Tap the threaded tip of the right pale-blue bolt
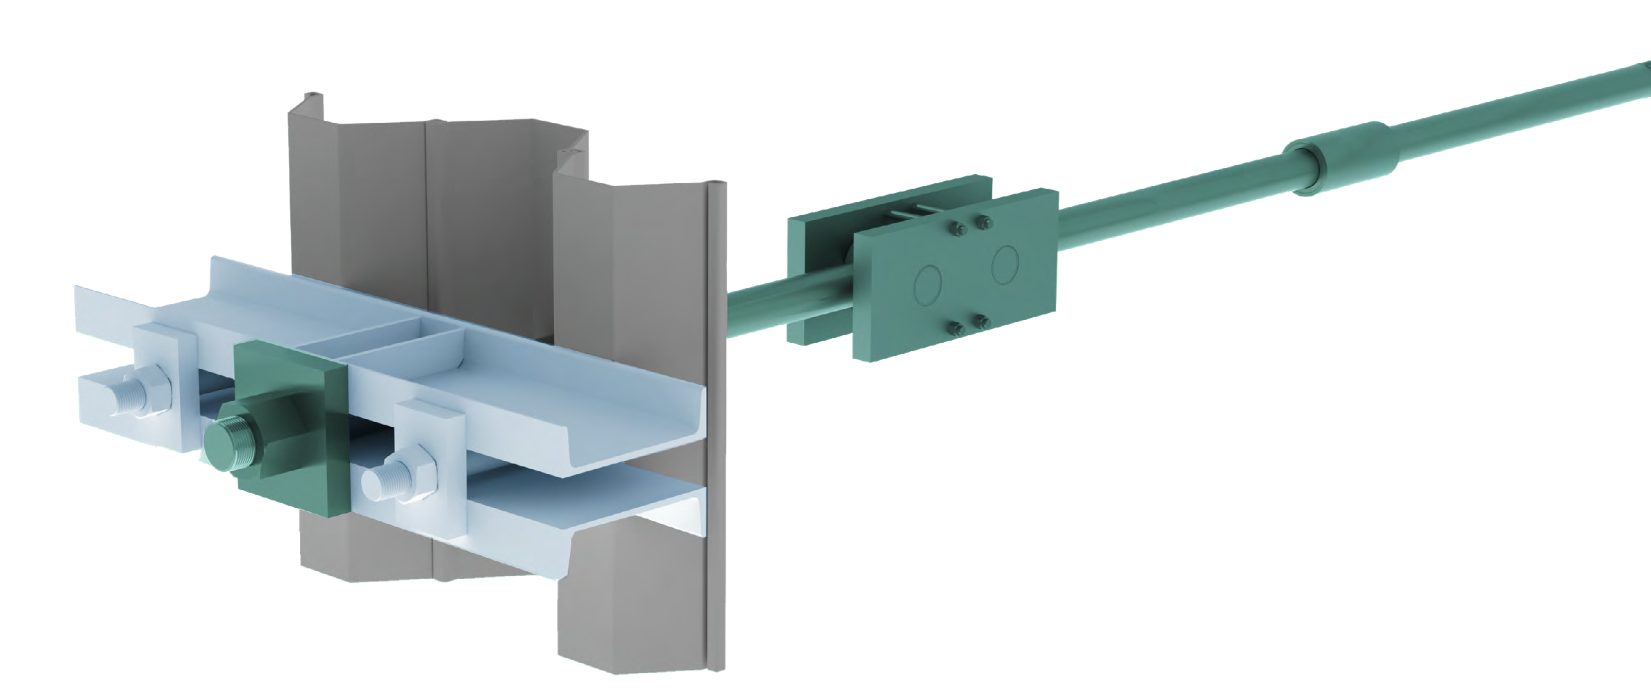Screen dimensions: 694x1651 coord(383,478)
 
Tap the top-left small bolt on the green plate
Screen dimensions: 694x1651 coord(957,229)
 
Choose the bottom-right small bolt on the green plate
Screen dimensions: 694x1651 coord(981,321)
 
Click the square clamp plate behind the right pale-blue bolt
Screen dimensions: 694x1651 coord(430,430)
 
